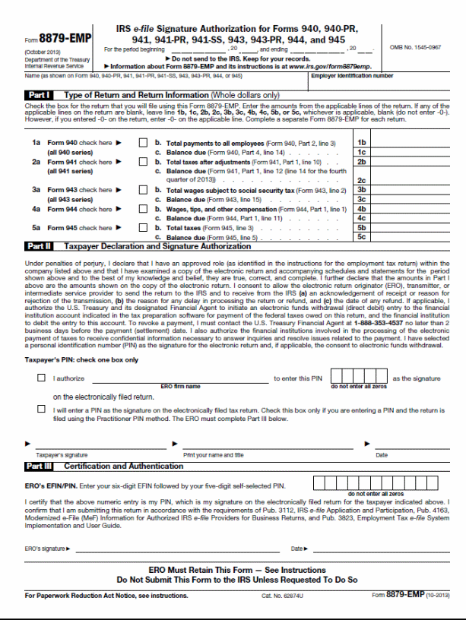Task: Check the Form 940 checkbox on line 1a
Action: pyautogui.click(x=144, y=143)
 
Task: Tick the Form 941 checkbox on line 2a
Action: pyautogui.click(x=144, y=162)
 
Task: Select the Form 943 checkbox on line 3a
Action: pyautogui.click(x=144, y=190)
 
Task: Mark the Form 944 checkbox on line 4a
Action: pyautogui.click(x=144, y=209)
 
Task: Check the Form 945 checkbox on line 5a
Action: pyautogui.click(x=144, y=228)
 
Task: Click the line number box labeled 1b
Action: pyautogui.click(x=362, y=143)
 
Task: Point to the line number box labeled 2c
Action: pyautogui.click(x=362, y=181)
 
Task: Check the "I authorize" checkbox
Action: pyautogui.click(x=41, y=378)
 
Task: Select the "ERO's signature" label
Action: pyautogui.click(x=46, y=548)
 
